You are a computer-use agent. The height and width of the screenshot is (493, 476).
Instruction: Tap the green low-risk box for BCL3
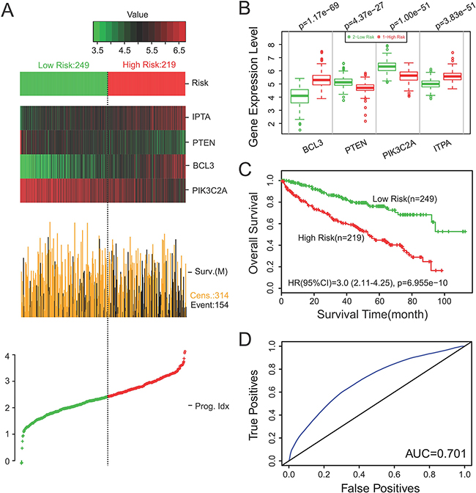pos(298,96)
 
